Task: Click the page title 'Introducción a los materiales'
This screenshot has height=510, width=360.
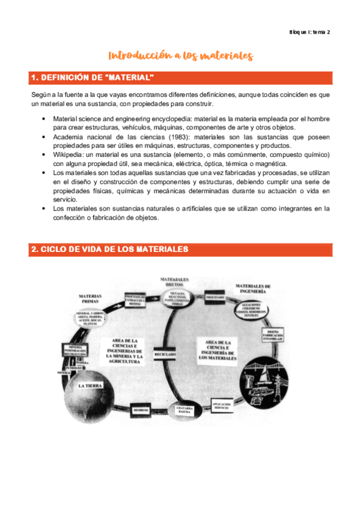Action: pyautogui.click(x=180, y=56)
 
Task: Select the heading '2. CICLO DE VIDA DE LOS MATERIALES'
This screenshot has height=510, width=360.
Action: pyautogui.click(x=109, y=249)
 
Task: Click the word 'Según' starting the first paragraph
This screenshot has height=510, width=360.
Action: pyautogui.click(x=40, y=95)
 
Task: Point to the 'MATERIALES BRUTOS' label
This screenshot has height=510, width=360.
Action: pyautogui.click(x=174, y=283)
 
